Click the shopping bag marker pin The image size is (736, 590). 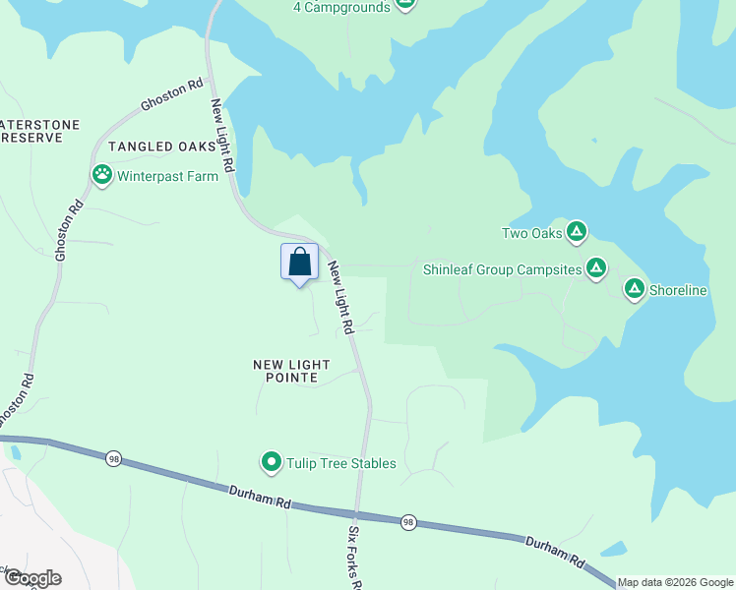coord(300,264)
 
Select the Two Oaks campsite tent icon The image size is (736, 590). coord(577,233)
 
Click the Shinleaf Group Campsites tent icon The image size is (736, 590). coord(595,268)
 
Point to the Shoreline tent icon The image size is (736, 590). coord(635,290)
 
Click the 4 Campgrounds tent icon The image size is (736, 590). coord(405,4)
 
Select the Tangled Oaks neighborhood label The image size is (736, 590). coord(162,147)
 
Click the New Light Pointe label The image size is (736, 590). coord(291,371)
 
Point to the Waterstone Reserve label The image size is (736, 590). coord(39,132)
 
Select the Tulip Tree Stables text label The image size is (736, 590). coord(340,463)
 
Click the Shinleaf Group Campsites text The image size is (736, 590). coord(502,269)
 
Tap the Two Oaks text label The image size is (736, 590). coord(531,234)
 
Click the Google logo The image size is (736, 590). coord(31,578)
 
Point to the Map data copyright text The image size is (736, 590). coord(675,582)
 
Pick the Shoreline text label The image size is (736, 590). coord(680,291)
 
